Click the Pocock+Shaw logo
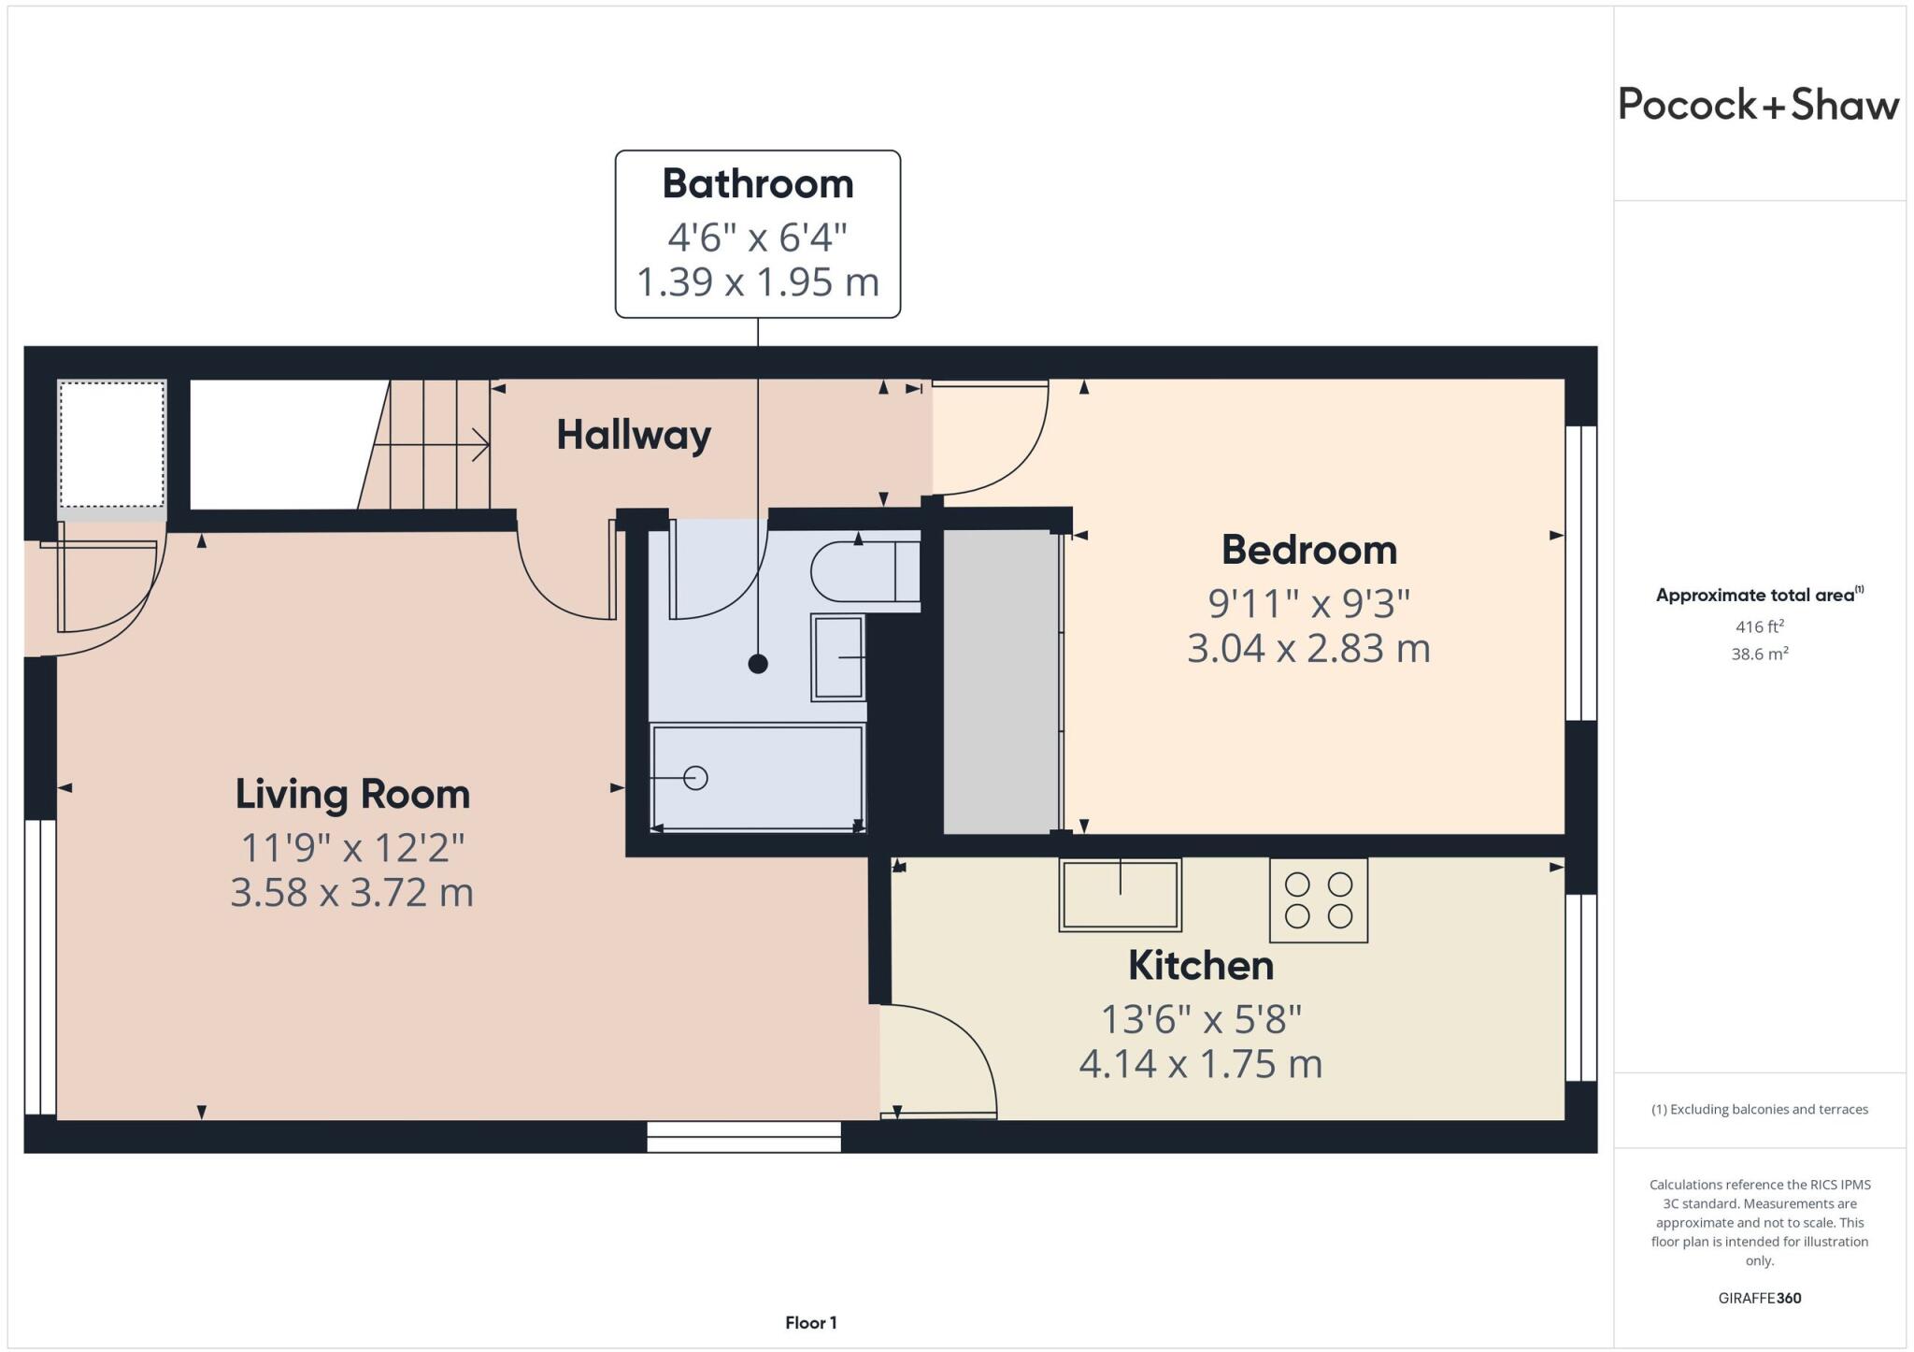pyautogui.click(x=1758, y=105)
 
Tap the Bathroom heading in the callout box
pyautogui.click(x=758, y=184)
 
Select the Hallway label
pyautogui.click(x=634, y=435)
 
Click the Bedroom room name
pyautogui.click(x=1308, y=550)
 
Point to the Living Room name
pyautogui.click(x=352, y=795)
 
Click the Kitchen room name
pyautogui.click(x=1201, y=966)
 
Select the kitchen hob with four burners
pyautogui.click(x=1318, y=899)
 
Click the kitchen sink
pyautogui.click(x=1120, y=895)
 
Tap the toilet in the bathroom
pyautogui.click(x=864, y=571)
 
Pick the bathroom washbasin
pyautogui.click(x=837, y=657)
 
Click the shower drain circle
pyautogui.click(x=695, y=778)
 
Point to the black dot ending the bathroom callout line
pyautogui.click(x=758, y=664)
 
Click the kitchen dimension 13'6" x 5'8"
pyautogui.click(x=1201, y=1019)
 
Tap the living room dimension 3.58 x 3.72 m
pyautogui.click(x=352, y=893)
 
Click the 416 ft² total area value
pyautogui.click(x=1759, y=626)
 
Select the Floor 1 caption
pyautogui.click(x=810, y=1323)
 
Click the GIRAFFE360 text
pyautogui.click(x=1759, y=1298)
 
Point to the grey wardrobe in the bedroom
pyautogui.click(x=1000, y=682)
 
